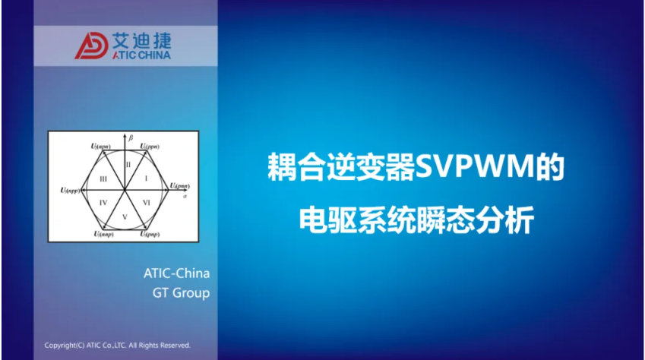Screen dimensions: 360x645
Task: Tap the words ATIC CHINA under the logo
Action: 141,55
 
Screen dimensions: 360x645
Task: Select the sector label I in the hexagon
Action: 146,175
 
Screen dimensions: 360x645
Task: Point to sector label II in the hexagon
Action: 128,165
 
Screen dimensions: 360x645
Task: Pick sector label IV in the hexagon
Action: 103,201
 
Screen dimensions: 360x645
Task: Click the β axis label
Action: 131,138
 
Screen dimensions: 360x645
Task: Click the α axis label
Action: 185,196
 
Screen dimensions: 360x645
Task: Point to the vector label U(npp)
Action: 71,191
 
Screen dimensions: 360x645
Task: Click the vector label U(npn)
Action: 100,144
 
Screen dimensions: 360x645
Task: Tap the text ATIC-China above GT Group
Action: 176,273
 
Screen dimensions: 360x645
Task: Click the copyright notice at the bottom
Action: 118,345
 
